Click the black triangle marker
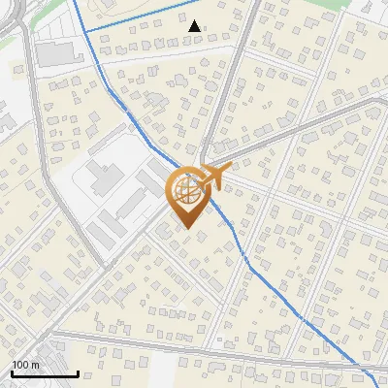pyautogui.click(x=195, y=26)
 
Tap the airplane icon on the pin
pyautogui.click(x=213, y=176)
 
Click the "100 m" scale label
pyautogui.click(x=26, y=365)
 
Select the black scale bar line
pyautogui.click(x=45, y=373)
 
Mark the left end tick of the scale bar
pyautogui.click(x=12, y=372)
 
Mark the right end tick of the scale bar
pyautogui.click(x=78, y=372)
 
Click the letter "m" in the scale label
pyautogui.click(x=36, y=365)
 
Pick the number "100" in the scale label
pyautogui.click(x=21, y=365)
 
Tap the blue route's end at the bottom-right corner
pyautogui.click(x=377, y=385)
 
